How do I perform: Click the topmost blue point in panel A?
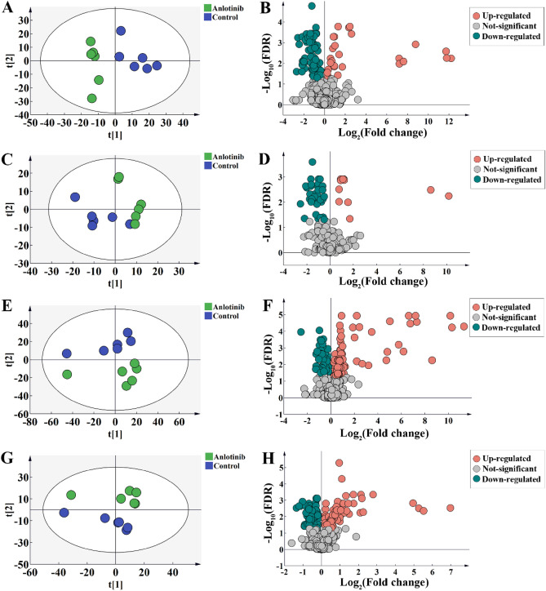tap(120, 31)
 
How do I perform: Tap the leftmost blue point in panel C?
tap(75, 197)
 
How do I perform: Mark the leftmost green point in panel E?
tap(67, 375)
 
